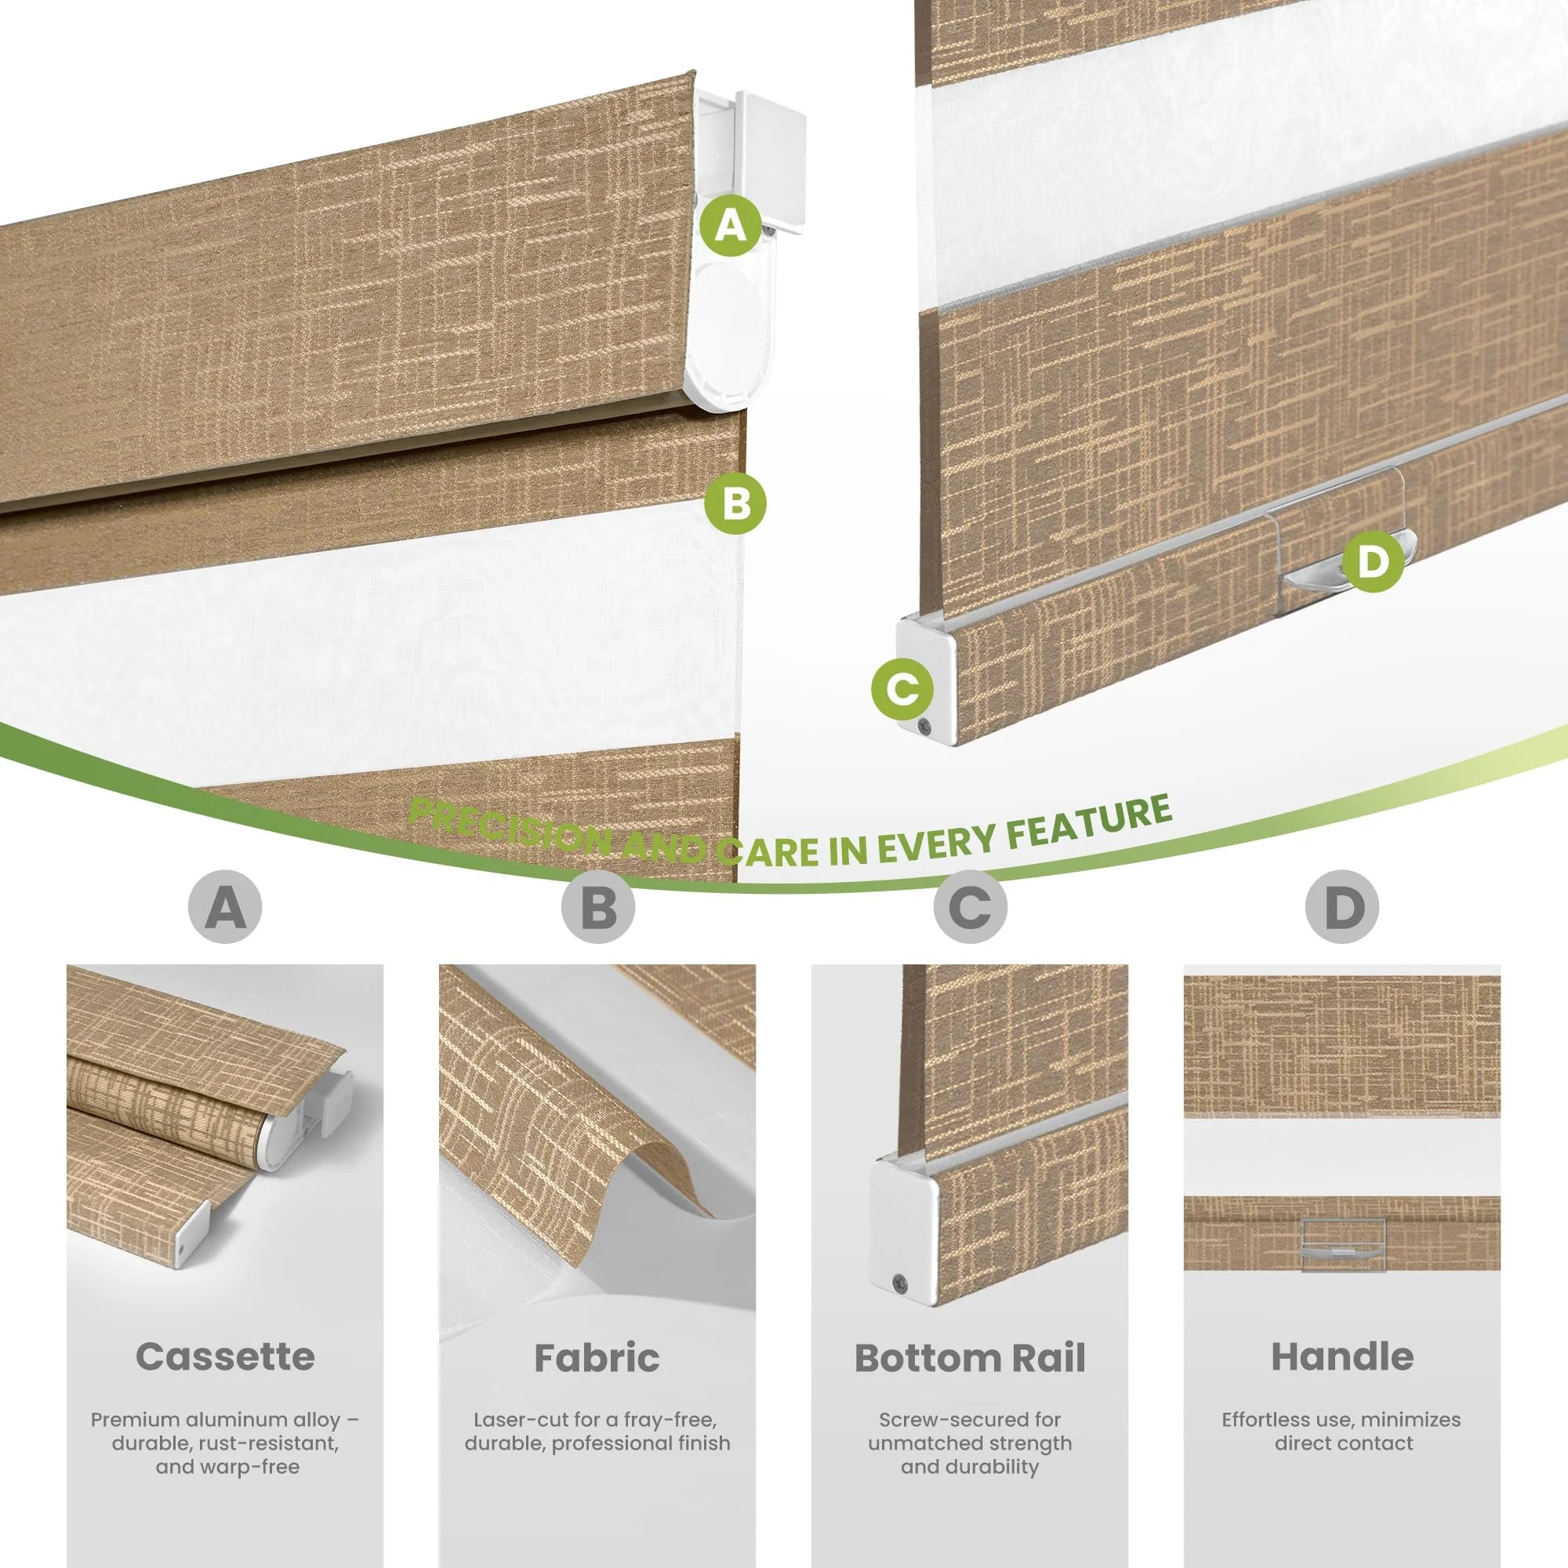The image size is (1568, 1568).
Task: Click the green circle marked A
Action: [x=731, y=225]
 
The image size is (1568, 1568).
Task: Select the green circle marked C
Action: [x=902, y=689]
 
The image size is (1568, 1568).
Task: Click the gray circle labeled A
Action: [x=225, y=906]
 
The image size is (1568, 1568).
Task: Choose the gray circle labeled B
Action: [x=598, y=906]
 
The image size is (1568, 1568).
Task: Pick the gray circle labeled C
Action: [x=970, y=906]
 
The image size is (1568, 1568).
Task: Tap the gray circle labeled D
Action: [x=1342, y=906]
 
